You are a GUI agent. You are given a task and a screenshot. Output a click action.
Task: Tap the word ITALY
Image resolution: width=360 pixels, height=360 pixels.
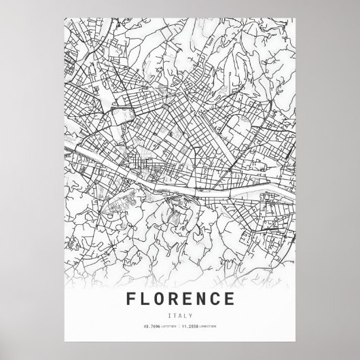pos(180,314)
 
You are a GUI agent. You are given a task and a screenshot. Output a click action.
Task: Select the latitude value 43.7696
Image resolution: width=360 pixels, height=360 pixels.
pos(150,328)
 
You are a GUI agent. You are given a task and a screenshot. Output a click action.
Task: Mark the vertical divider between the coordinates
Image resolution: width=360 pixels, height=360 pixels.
pos(180,328)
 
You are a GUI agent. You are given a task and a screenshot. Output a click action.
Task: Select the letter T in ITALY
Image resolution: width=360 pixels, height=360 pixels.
pos(175,314)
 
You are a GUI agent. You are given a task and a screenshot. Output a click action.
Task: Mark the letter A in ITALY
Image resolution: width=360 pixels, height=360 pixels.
pos(180,314)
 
